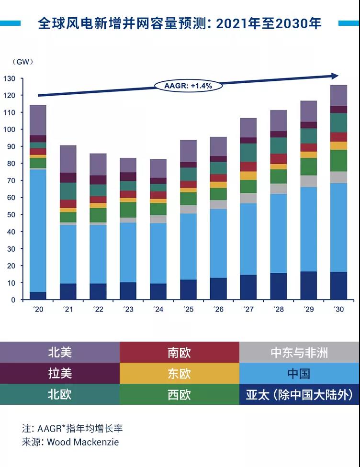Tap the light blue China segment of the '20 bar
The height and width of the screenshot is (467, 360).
point(38,230)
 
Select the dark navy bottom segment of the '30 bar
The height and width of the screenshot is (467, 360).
point(339,286)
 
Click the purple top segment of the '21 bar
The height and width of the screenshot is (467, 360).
point(68,159)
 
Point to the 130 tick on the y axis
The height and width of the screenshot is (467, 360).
point(10,78)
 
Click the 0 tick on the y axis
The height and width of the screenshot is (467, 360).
point(13,300)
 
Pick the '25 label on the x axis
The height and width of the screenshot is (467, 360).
point(188,310)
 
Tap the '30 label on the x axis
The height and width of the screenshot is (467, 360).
point(338,310)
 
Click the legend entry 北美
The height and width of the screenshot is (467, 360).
point(60,353)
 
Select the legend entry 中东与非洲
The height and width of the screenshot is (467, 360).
point(299,353)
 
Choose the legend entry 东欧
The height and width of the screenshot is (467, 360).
point(180,374)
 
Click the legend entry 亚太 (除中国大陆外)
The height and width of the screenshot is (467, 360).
point(299,394)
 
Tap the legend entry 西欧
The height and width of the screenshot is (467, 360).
point(180,394)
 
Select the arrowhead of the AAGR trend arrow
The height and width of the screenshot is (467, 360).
point(335,76)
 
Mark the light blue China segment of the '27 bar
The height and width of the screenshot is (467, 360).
point(248,239)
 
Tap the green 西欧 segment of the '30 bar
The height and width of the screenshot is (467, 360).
point(339,160)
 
